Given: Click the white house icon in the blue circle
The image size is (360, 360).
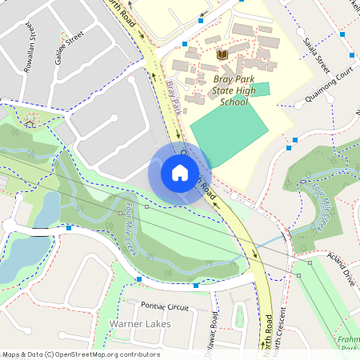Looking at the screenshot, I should tap(180, 173).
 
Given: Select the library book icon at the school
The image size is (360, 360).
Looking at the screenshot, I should tap(222, 54).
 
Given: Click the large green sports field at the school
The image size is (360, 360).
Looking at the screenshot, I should tap(230, 132).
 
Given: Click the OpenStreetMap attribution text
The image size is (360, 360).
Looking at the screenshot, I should tap(80, 354).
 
